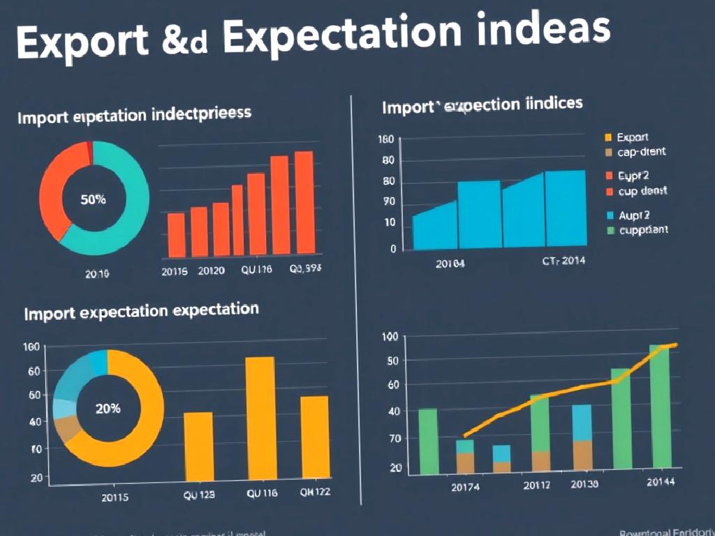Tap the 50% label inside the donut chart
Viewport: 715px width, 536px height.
tap(94, 200)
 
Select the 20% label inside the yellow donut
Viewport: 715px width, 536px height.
tap(108, 409)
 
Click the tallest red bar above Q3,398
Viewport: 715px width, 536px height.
tap(304, 202)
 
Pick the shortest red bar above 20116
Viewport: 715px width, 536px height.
tap(177, 234)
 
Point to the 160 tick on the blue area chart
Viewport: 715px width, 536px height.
tap(386, 140)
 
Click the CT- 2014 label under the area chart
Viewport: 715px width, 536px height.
tap(564, 261)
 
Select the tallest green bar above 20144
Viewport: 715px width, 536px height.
tap(659, 405)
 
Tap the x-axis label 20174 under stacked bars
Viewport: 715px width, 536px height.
tap(465, 486)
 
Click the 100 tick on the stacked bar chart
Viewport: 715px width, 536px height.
tap(390, 337)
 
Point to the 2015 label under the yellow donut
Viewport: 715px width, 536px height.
tap(115, 498)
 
